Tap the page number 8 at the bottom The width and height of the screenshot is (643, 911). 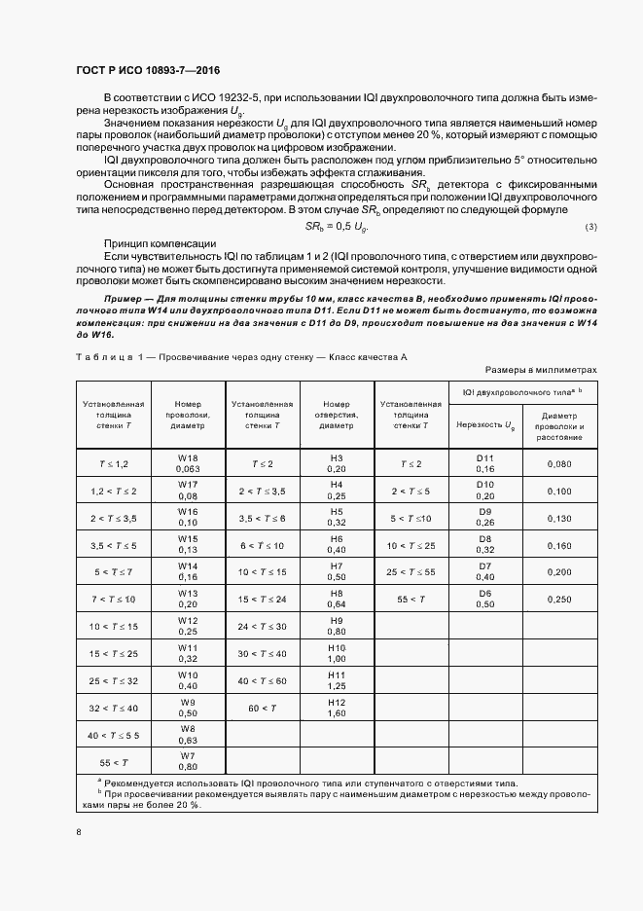point(78,832)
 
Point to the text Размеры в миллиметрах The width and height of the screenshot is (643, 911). point(541,370)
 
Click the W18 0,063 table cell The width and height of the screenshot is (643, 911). point(188,462)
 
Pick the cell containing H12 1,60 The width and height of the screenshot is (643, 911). point(337,708)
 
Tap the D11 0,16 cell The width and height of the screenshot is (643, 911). point(485,462)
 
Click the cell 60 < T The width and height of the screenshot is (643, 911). point(262,708)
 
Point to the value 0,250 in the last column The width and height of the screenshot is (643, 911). point(559,600)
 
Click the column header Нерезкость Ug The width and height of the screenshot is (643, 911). point(485,425)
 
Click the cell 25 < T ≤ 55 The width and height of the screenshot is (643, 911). point(411,572)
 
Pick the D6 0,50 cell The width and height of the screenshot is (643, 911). point(485,600)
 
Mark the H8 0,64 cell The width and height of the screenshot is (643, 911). point(337,600)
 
